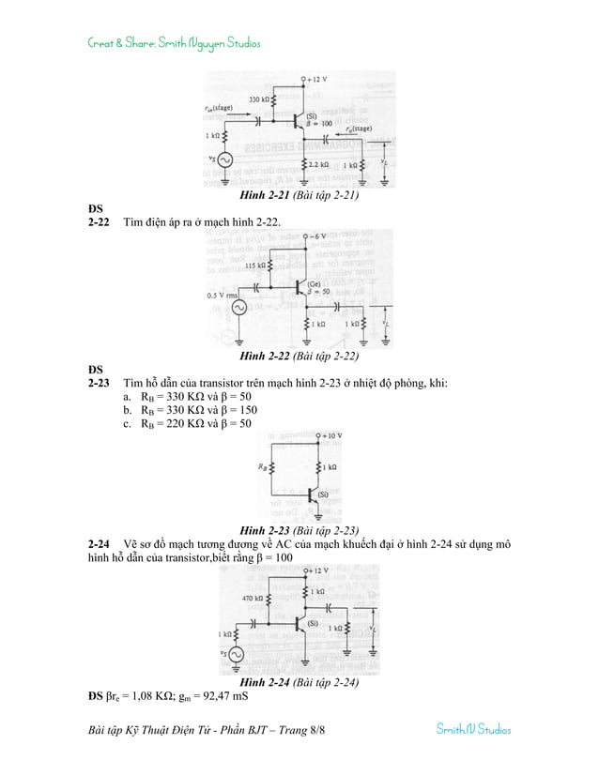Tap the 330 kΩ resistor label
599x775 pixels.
tap(260, 99)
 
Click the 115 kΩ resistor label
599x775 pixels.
tap(256, 266)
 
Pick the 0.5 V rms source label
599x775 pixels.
tap(221, 296)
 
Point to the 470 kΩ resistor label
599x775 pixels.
tap(253, 598)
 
